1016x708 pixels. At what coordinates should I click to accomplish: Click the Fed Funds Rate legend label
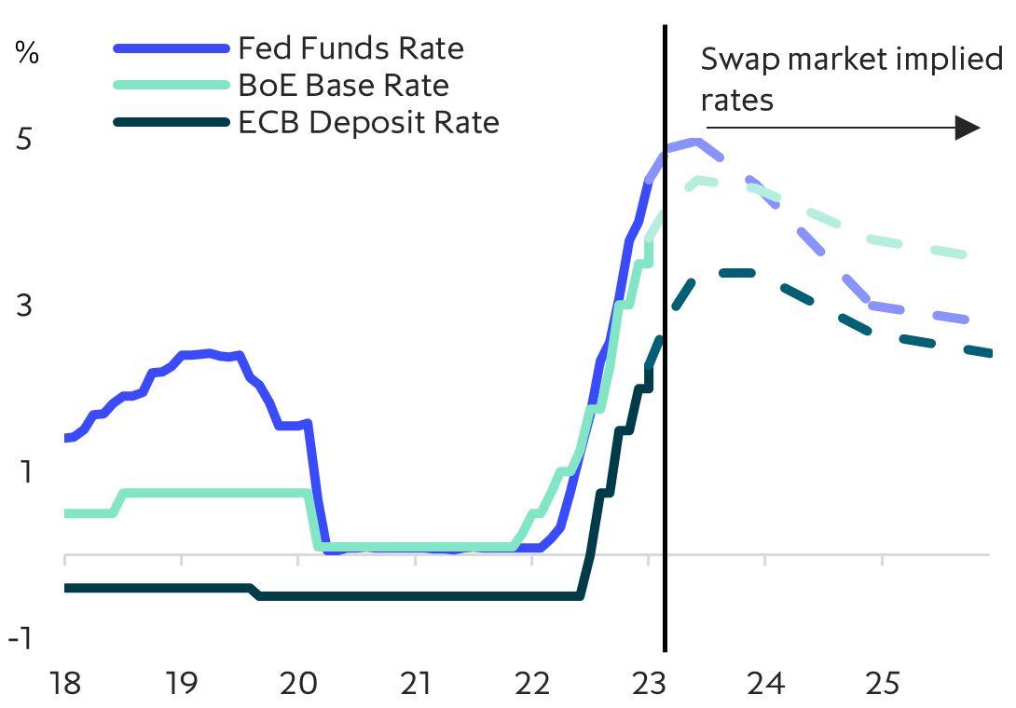[x=350, y=48]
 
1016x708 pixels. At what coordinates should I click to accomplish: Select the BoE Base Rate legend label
[x=343, y=86]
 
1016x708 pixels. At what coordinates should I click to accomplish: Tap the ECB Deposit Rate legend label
[x=368, y=122]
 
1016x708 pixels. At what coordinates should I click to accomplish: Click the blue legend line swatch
[x=171, y=48]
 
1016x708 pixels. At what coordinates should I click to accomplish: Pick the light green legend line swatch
[x=171, y=86]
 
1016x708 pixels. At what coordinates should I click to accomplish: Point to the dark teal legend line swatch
[x=171, y=122]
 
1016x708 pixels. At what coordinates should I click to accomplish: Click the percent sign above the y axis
[x=28, y=53]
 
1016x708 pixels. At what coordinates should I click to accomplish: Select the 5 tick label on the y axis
[x=24, y=140]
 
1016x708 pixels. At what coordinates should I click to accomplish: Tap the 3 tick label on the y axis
[x=24, y=306]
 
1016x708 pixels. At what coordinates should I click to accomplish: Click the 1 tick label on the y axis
[x=24, y=472]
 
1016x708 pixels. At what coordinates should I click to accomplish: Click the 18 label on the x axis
[x=64, y=685]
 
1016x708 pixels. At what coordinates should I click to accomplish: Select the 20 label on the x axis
[x=298, y=685]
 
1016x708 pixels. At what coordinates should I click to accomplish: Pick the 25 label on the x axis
[x=882, y=685]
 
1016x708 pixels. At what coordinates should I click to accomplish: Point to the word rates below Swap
[x=738, y=99]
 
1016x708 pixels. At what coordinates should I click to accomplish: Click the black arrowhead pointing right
[x=969, y=129]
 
